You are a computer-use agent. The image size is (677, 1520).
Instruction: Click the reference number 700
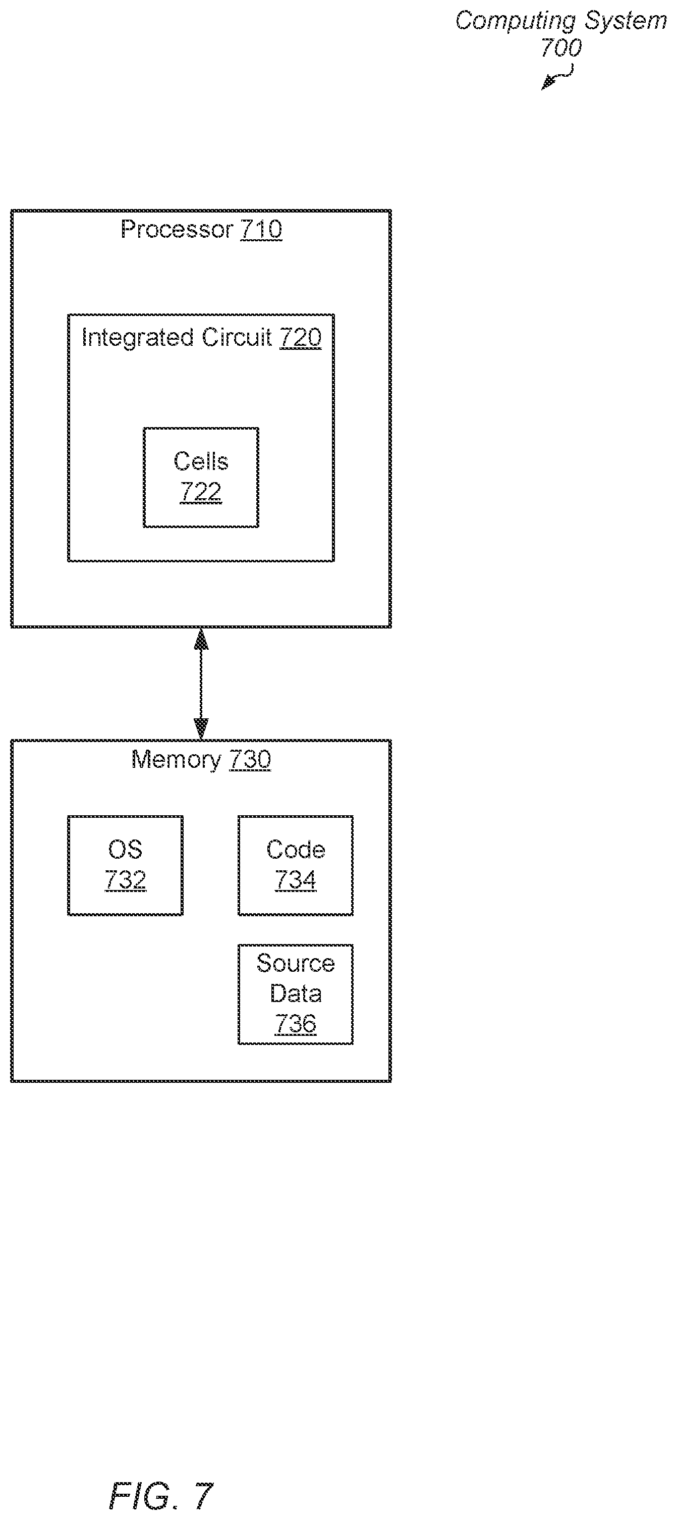coord(561,48)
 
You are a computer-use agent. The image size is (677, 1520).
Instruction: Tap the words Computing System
coord(561,21)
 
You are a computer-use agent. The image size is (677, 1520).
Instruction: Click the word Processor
coord(177,229)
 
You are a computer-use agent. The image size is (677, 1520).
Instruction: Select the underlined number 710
coord(261,229)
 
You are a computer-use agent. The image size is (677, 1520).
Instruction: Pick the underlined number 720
coord(301,338)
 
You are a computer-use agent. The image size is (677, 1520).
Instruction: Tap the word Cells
coord(201,461)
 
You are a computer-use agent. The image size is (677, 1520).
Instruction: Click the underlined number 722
coord(201,492)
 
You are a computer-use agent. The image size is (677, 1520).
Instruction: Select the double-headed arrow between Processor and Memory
coord(201,684)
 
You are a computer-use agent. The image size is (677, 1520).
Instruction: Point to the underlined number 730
coord(250,759)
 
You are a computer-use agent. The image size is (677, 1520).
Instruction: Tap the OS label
coord(126,849)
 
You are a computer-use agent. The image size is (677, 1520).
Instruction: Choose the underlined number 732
coord(126,880)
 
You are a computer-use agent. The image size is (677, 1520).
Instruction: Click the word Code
coord(296,849)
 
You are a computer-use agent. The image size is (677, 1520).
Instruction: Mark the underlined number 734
coord(296,880)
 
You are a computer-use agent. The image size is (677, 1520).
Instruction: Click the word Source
coord(296,963)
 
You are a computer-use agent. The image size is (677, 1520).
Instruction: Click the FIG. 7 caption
coord(161,1496)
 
